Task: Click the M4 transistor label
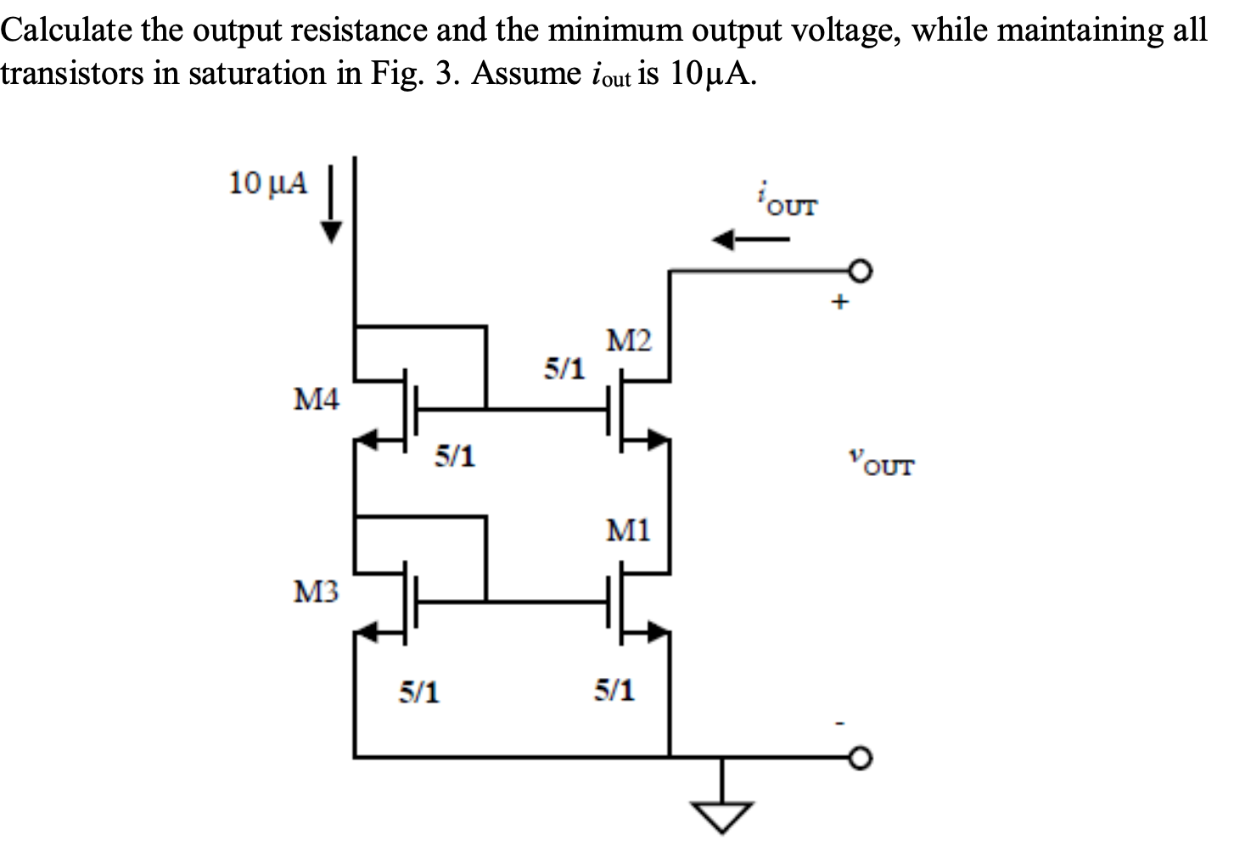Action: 316,399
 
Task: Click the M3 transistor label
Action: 316,591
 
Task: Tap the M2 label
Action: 630,342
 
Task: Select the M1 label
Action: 629,532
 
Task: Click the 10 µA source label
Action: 269,182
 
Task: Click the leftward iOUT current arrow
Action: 750,241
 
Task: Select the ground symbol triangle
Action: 722,817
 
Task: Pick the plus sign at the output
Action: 839,302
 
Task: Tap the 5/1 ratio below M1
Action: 614,691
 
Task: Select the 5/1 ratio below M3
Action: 419,693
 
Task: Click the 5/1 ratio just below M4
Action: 455,457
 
